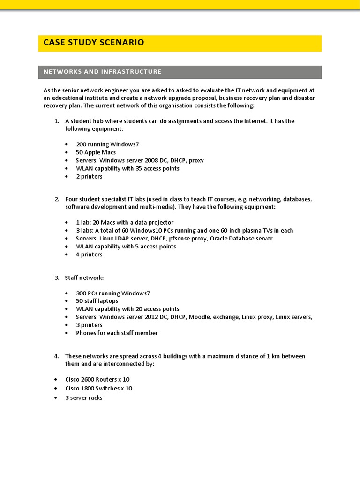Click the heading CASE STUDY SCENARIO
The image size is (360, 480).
[94, 43]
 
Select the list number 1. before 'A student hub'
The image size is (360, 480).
[56, 121]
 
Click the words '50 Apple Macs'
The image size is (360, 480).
[96, 152]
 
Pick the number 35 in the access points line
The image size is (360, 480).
[139, 168]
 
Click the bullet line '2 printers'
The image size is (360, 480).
[89, 176]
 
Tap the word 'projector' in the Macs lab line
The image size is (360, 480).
[161, 222]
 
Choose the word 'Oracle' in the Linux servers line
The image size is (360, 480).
[220, 238]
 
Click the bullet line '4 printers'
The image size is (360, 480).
[89, 255]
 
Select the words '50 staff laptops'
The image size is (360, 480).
[97, 301]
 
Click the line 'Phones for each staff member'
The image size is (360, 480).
[117, 333]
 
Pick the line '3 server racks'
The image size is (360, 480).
[84, 397]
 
